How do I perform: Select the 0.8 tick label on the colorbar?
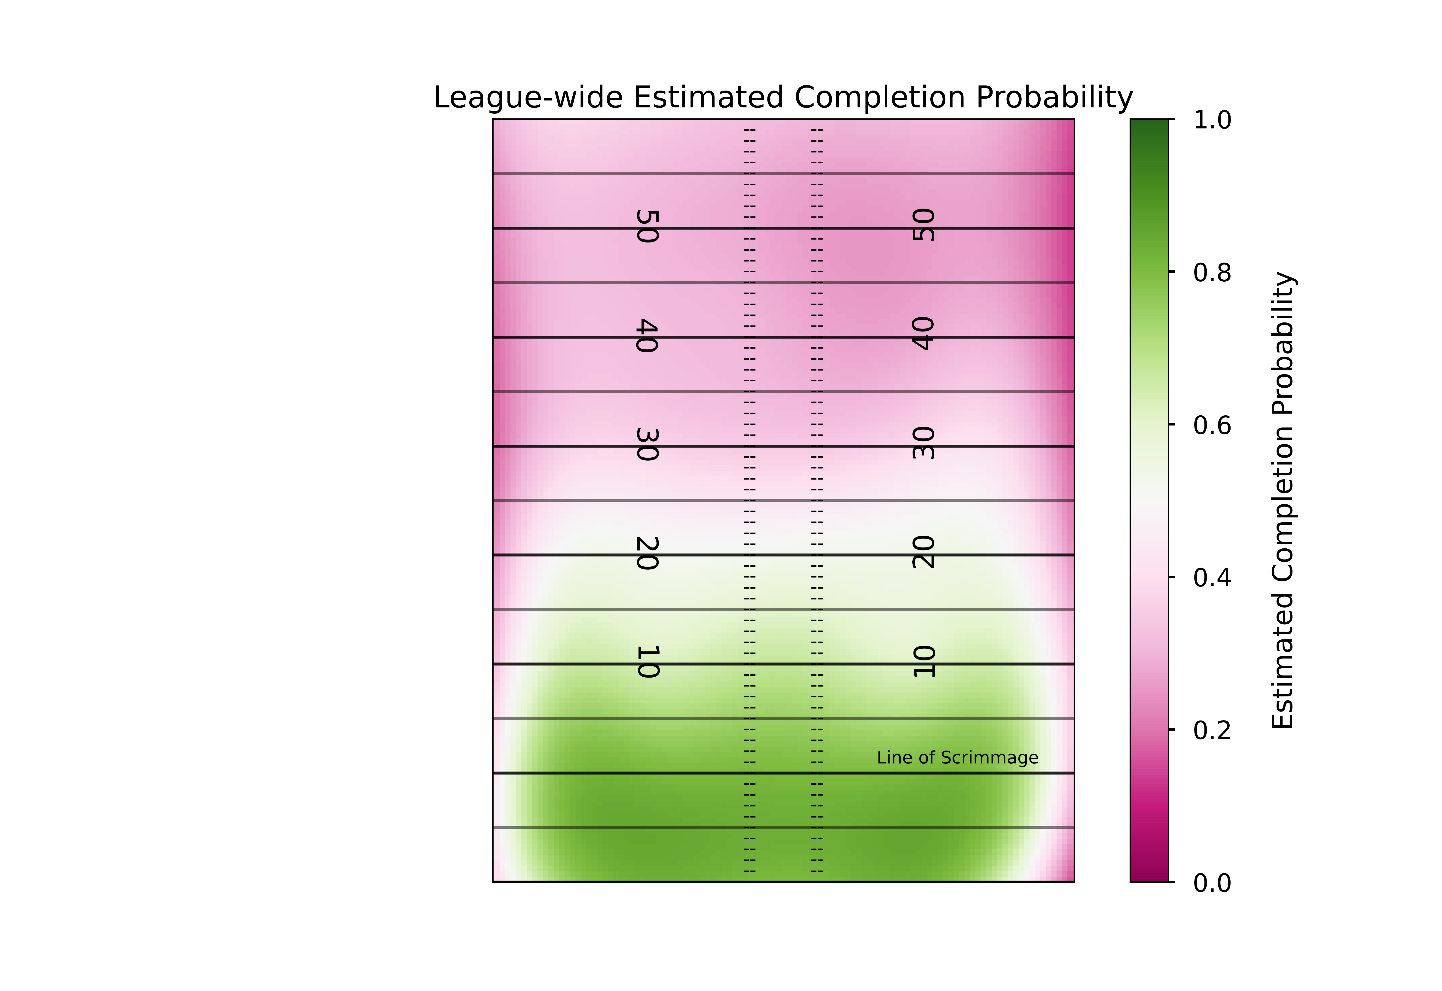(x=1212, y=273)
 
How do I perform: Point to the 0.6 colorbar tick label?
(x=1212, y=425)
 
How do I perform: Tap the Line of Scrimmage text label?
(x=957, y=757)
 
